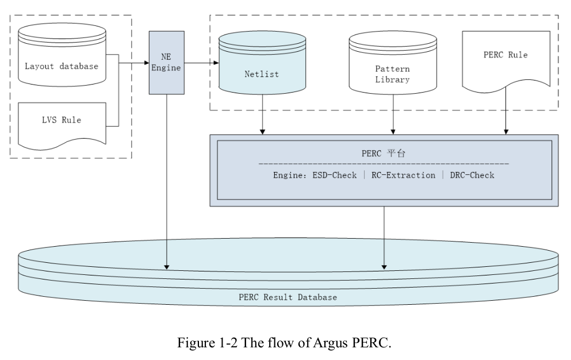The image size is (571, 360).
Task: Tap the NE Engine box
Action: [x=166, y=62]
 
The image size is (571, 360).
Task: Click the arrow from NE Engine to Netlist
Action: [x=201, y=62]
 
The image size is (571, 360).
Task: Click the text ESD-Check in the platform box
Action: [x=333, y=175]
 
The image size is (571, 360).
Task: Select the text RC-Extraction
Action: [x=404, y=175]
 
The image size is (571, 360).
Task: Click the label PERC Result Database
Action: [x=288, y=297]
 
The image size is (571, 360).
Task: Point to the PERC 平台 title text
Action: [x=384, y=154]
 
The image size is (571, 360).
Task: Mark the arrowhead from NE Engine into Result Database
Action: [x=167, y=266]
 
